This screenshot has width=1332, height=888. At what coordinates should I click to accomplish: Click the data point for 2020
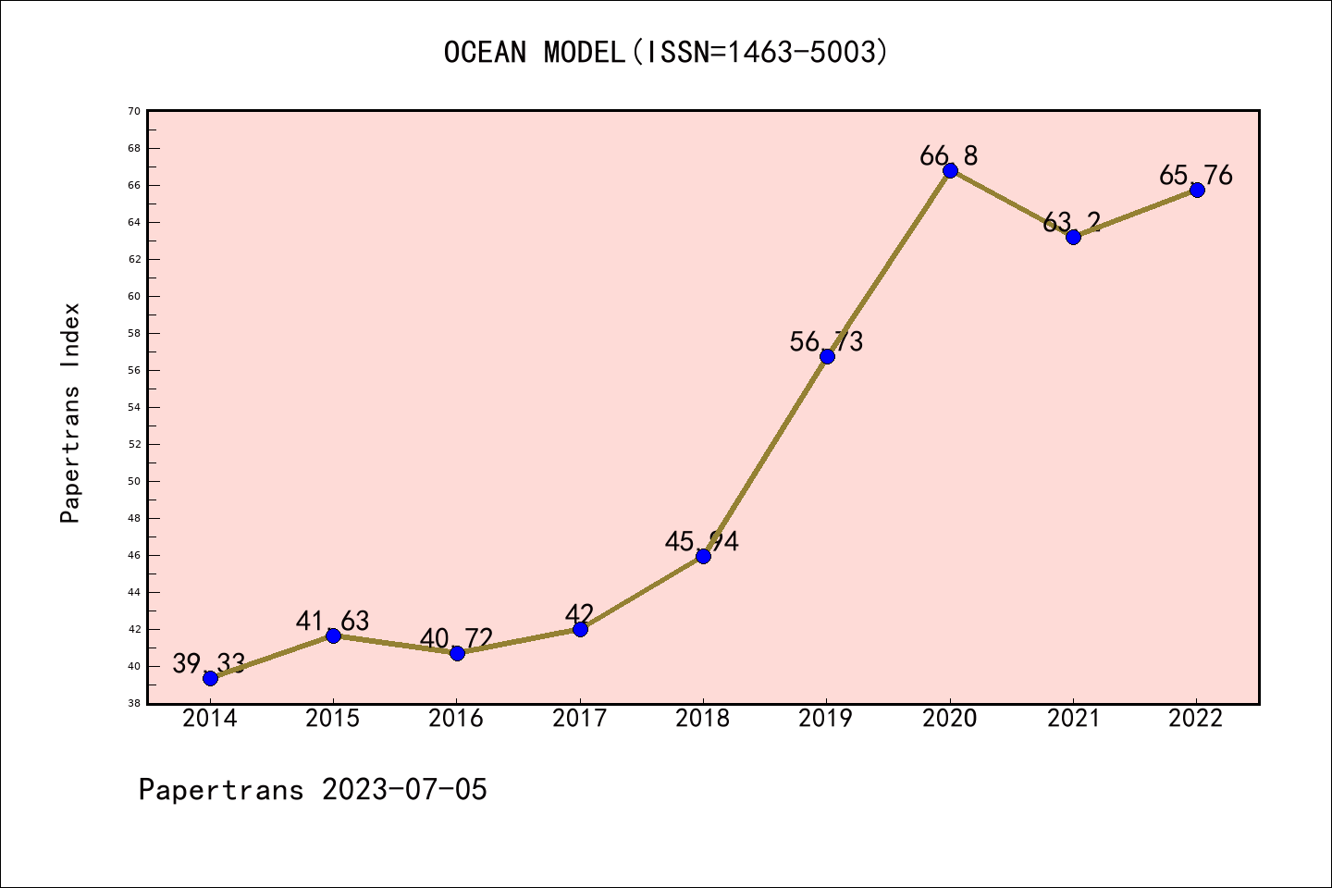tap(950, 170)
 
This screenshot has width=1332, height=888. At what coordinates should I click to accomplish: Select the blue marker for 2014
tap(210, 678)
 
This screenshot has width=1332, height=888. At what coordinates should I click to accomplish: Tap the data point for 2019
tap(827, 356)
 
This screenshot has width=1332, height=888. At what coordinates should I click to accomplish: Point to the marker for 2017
tap(580, 629)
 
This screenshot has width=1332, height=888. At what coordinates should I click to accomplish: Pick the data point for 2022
tap(1197, 190)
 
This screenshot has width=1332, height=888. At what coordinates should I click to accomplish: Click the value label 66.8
tap(948, 155)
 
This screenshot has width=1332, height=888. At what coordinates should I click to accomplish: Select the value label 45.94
tap(702, 541)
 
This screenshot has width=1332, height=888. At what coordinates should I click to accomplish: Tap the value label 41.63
tap(333, 621)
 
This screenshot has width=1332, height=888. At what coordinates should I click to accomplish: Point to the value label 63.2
tap(1072, 222)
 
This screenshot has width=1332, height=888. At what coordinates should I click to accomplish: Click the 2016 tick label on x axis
tap(456, 719)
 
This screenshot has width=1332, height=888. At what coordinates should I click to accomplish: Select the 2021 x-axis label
tap(1073, 719)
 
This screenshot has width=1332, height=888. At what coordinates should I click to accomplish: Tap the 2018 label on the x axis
tap(703, 719)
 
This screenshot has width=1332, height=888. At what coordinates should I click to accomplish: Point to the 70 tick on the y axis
tap(134, 111)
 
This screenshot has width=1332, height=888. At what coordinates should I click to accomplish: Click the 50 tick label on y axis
tap(134, 481)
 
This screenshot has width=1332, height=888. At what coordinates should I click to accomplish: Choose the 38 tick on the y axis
tap(134, 703)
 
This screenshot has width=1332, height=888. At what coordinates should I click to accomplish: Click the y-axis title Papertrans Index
tap(71, 413)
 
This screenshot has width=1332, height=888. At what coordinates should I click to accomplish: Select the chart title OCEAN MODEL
tap(534, 53)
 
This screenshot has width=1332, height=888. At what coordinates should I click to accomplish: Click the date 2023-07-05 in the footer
tap(404, 790)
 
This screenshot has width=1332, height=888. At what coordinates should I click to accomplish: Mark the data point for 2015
tap(333, 635)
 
